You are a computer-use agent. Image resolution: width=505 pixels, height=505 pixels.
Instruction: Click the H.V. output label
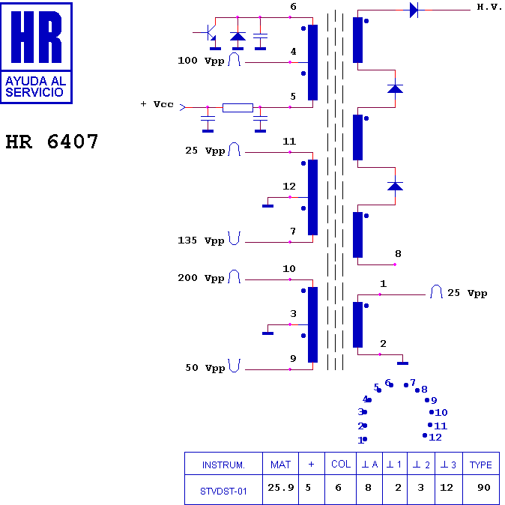pyautogui.click(x=489, y=7)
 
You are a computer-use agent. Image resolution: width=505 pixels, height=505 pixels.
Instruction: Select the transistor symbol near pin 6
pyautogui.click(x=209, y=33)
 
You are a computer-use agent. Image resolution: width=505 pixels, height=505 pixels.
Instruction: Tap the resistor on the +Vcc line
pyautogui.click(x=238, y=108)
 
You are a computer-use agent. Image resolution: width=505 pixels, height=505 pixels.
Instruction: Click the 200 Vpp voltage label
pyautogui.click(x=201, y=279)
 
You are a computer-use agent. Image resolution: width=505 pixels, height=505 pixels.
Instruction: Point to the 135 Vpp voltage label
pyautogui.click(x=201, y=241)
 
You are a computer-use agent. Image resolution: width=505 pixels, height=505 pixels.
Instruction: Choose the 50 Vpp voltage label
pyautogui.click(x=205, y=368)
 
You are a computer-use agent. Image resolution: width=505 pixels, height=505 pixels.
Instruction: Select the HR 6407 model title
pyautogui.click(x=52, y=142)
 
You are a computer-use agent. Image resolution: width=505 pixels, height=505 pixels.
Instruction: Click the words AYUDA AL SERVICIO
pyautogui.click(x=35, y=87)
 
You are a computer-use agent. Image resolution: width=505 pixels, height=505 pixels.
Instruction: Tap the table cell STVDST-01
pyautogui.click(x=223, y=492)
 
